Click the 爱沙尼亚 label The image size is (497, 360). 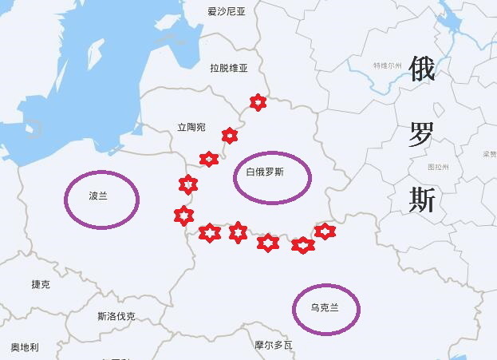(226, 11)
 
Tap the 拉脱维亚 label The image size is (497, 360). (229, 69)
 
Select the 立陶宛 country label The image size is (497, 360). (191, 127)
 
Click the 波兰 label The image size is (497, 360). (97, 196)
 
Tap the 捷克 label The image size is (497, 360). (41, 284)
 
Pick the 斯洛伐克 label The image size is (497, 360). (116, 315)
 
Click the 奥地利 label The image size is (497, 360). (25, 347)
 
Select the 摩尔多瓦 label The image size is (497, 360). (274, 346)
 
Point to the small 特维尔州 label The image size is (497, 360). (387, 65)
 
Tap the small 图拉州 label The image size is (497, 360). (439, 168)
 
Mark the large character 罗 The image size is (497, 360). (422, 136)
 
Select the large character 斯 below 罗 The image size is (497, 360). (422, 200)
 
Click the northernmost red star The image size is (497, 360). (257, 101)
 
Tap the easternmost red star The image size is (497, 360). (325, 231)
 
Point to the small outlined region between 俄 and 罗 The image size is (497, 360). (423, 101)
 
